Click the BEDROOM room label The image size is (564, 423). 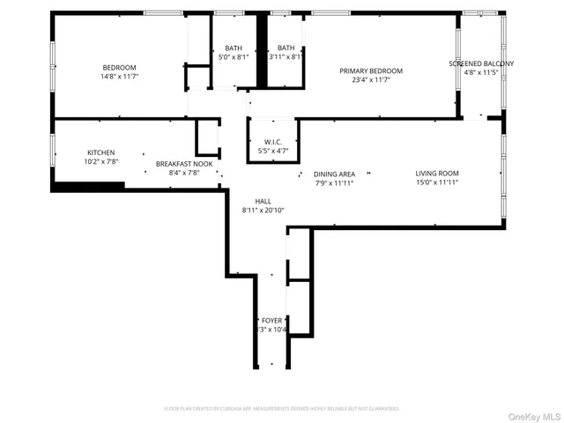tap(119, 68)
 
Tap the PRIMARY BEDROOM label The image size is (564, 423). tap(371, 71)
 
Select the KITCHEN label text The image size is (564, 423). tap(100, 152)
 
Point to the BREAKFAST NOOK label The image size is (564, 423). tap(184, 164)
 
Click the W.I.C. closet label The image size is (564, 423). tap(272, 142)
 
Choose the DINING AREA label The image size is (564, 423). tap(334, 174)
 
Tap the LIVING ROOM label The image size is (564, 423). tap(437, 173)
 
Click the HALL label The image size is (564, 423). tap(263, 201)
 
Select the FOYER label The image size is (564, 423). tap(271, 320)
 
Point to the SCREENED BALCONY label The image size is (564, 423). tap(481, 63)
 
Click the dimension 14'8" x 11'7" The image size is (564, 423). tap(119, 78)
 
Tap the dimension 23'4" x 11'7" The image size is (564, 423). tap(371, 81)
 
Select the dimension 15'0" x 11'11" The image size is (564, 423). tap(437, 183)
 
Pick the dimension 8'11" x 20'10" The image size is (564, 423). tap(263, 211)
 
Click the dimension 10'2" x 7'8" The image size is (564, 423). tap(100, 162)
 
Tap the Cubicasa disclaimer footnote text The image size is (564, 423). tap(282, 409)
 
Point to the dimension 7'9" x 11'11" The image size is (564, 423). tap(334, 183)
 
